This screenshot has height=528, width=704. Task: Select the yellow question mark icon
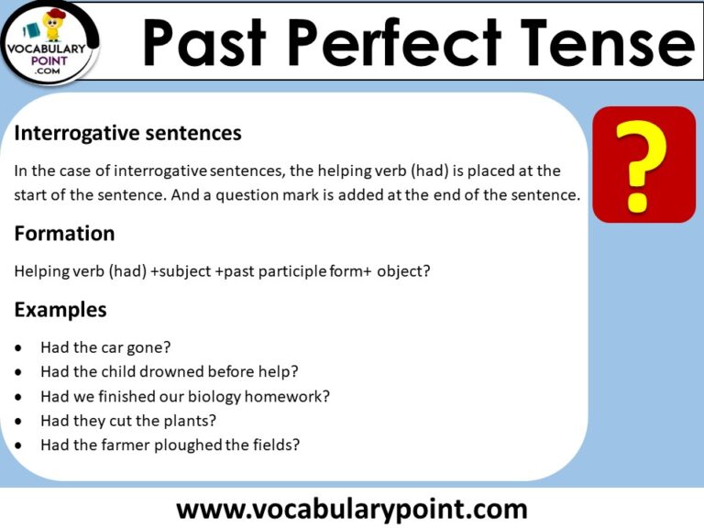pos(643,164)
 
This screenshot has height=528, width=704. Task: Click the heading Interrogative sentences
pos(127,133)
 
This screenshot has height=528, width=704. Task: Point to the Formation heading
pos(64,234)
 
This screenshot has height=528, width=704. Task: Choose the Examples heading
pos(60,310)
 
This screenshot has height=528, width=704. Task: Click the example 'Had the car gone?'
pos(105,347)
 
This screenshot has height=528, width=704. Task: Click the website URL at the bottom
pos(351,507)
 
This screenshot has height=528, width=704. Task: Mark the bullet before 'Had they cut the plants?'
pos(20,422)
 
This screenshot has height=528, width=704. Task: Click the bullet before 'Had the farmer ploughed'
pos(20,446)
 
